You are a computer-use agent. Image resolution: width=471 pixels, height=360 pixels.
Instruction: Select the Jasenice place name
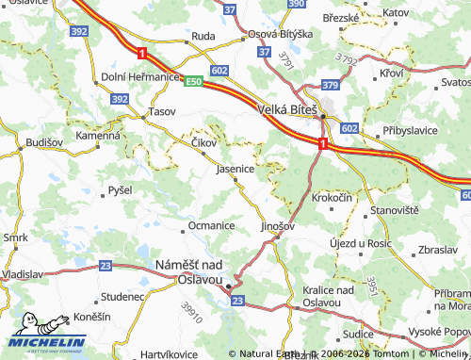(235, 170)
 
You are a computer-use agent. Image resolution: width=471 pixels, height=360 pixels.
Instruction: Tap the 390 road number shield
(297, 5)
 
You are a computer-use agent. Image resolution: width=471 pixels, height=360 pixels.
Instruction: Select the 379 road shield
(330, 85)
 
